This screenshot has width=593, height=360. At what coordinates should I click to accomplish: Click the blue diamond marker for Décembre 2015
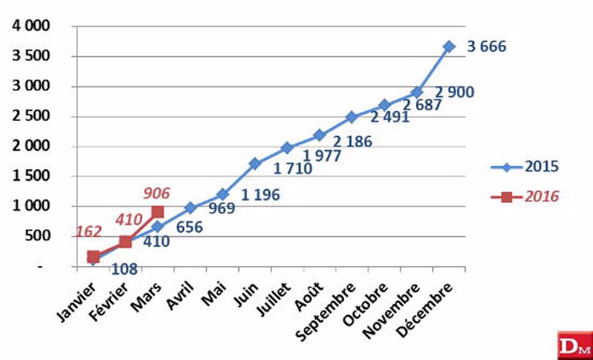tap(449, 47)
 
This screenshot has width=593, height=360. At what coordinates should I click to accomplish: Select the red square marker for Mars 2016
tap(158, 212)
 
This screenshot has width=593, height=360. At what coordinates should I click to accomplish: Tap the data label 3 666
tap(486, 47)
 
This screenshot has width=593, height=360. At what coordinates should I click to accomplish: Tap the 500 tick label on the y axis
tap(38, 236)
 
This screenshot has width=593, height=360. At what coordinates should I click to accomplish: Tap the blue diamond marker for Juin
tap(255, 163)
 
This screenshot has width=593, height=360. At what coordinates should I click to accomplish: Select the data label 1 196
tap(260, 195)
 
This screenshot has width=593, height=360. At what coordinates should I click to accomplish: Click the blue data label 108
tap(124, 269)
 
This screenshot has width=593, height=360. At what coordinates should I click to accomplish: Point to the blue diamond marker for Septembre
tap(352, 117)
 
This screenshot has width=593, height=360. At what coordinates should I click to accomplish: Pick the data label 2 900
tap(455, 92)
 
